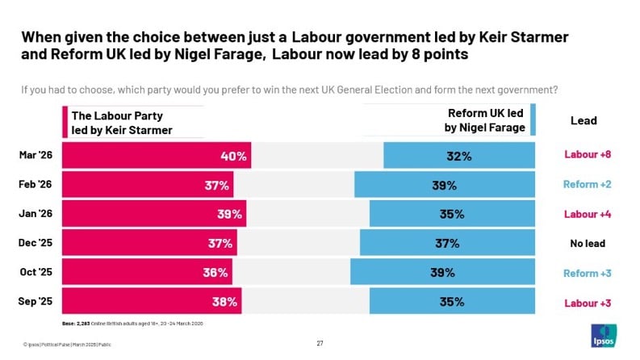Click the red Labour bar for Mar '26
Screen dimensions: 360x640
pyautogui.click(x=157, y=156)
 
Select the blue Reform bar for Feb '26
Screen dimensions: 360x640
pyautogui.click(x=444, y=185)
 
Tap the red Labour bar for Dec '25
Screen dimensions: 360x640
pyautogui.click(x=149, y=243)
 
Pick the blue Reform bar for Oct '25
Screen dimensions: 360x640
pyautogui.click(x=442, y=272)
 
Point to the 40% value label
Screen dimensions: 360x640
pyautogui.click(x=234, y=156)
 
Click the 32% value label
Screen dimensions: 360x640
pyautogui.click(x=458, y=156)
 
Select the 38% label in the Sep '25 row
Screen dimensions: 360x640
pyautogui.click(x=224, y=302)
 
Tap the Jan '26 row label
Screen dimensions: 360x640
pyautogui.click(x=35, y=213)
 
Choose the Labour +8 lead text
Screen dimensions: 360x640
pyautogui.click(x=587, y=156)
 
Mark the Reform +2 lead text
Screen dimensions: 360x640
pyautogui.click(x=587, y=185)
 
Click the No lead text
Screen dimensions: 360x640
pyautogui.click(x=587, y=243)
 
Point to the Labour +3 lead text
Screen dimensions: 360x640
pyautogui.click(x=587, y=302)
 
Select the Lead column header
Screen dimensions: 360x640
pyautogui.click(x=584, y=120)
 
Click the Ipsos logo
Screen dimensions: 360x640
pyautogui.click(x=604, y=336)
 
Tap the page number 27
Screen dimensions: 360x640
pyautogui.click(x=320, y=343)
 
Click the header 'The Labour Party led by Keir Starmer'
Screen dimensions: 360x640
pyautogui.click(x=122, y=123)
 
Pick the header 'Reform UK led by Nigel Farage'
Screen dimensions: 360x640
pyautogui.click(x=485, y=120)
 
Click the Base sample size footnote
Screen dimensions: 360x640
pyautogui.click(x=133, y=324)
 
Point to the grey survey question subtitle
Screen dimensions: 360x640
pyautogui.click(x=290, y=89)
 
